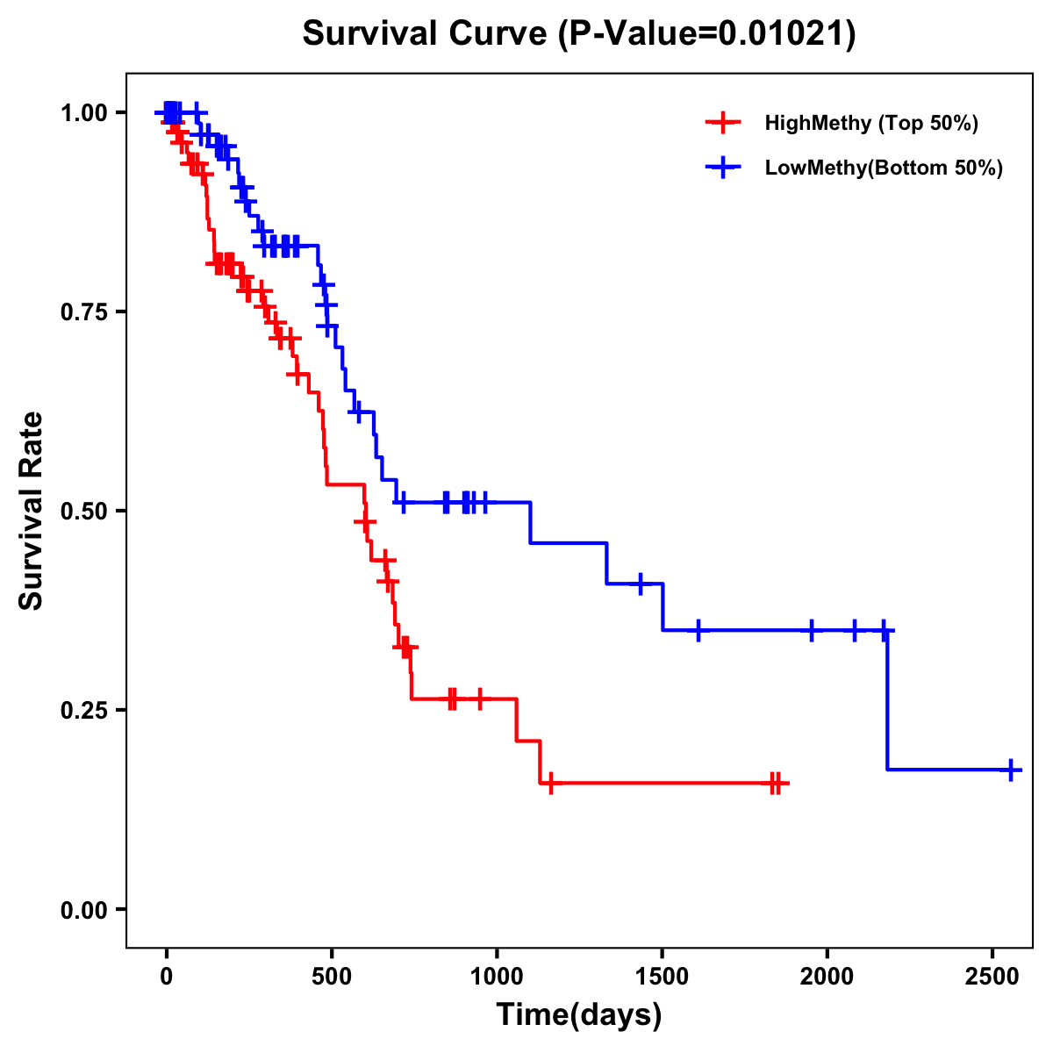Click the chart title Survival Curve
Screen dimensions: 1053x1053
pos(426,33)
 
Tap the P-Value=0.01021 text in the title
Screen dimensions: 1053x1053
pos(706,33)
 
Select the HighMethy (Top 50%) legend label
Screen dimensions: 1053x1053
pos(870,123)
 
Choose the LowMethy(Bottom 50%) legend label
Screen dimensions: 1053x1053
pos(884,168)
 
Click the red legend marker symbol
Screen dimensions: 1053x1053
pos(722,123)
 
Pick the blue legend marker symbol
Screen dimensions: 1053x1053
pos(722,168)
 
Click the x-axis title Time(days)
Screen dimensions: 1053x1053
pos(579,1015)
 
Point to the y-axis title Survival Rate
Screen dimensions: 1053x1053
pos(32,511)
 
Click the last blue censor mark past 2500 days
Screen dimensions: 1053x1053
pos(1011,770)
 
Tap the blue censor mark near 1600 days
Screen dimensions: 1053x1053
pos(698,630)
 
